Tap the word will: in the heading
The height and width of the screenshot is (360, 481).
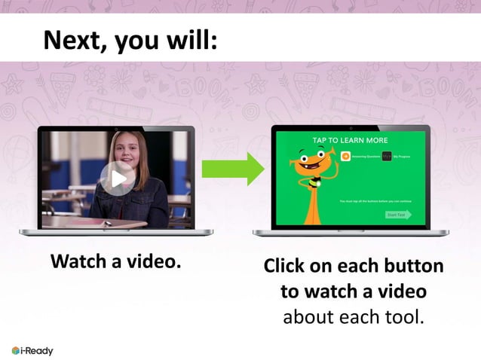(194, 39)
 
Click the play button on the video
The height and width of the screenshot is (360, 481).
(118, 178)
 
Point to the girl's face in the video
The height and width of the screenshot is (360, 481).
(123, 151)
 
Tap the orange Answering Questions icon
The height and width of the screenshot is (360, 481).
(346, 157)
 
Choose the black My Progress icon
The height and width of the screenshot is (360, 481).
(387, 157)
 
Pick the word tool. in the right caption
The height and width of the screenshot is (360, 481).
(404, 316)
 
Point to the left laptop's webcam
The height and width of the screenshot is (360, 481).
(116, 128)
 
